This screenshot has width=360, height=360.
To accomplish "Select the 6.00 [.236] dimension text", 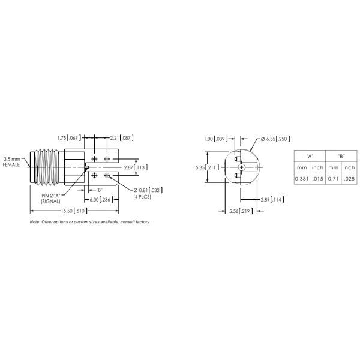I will click(100, 199).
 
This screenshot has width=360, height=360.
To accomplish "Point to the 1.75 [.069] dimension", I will click(68, 138).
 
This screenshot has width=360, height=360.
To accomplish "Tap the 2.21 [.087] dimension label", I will click(122, 138).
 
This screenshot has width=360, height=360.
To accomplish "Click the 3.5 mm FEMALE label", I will click(11, 161).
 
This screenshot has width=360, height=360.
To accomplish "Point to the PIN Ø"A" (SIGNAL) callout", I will click(52, 199).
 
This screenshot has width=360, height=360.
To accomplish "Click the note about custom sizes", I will click(89, 222).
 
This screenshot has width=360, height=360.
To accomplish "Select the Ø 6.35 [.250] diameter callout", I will click(274, 139).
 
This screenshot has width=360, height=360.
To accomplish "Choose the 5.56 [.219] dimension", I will click(240, 211).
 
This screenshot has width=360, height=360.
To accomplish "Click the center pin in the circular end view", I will click(241, 167).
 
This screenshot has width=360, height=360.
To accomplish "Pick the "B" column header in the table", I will click(341, 155).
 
